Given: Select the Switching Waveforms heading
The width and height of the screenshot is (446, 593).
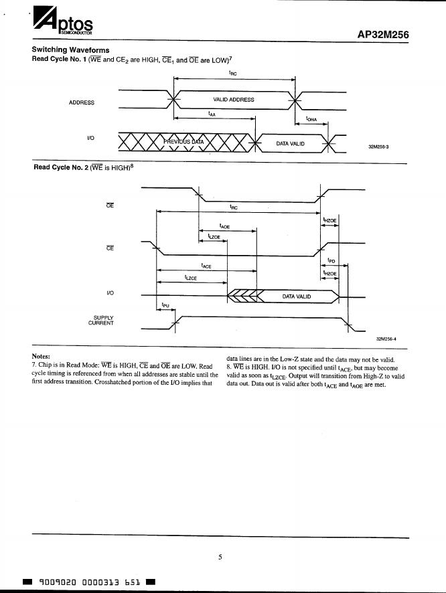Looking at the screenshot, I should (x=70, y=50).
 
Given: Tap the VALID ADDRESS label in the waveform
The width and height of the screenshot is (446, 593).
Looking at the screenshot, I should (x=233, y=100).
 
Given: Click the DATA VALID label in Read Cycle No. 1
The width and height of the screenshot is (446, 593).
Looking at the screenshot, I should (x=290, y=144).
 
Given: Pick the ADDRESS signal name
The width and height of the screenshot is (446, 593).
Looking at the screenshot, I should (x=82, y=102).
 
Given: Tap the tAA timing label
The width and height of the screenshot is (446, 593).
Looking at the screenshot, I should (x=212, y=114).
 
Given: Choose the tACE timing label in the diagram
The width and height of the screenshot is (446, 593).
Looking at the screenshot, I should (x=206, y=266).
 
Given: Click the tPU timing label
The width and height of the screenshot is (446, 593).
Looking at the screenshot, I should (x=165, y=306).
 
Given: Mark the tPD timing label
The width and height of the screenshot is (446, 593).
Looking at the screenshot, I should (x=331, y=260).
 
